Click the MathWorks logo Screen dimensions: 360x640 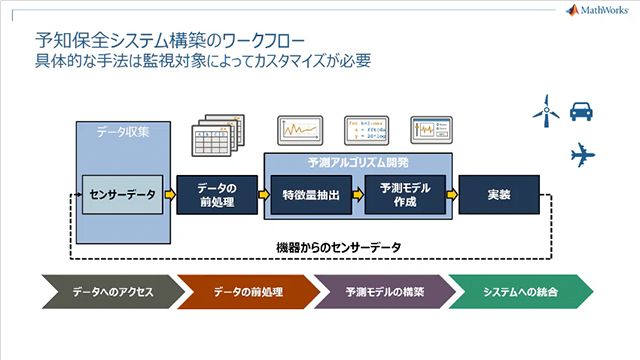pyautogui.click(x=599, y=11)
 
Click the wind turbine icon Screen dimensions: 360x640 pyautogui.click(x=546, y=110)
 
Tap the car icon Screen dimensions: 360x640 pyautogui.click(x=583, y=110)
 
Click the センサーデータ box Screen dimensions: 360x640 pyautogui.click(x=122, y=195)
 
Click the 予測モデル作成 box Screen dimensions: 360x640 pyautogui.click(x=404, y=195)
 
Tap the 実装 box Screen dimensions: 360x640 pyautogui.click(x=499, y=195)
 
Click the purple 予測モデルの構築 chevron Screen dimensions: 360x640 pyautogui.click(x=385, y=293)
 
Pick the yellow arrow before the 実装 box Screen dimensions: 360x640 pyautogui.click(x=451, y=195)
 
